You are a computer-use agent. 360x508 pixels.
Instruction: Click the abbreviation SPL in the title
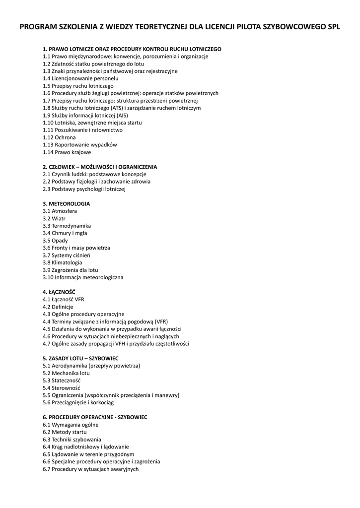coord(333,27)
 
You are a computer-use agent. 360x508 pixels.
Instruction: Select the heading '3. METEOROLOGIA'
coord(67,204)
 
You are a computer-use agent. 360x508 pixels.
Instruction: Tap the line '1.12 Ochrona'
coord(60,137)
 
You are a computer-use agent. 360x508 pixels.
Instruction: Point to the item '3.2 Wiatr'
coord(54,218)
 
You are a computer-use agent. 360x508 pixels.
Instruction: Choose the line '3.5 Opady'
coord(56,241)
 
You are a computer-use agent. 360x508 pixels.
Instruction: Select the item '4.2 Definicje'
coord(58,307)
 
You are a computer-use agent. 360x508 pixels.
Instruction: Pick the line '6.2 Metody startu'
coord(65,432)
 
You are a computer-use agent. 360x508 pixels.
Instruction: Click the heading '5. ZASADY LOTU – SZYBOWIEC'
coord(80,358)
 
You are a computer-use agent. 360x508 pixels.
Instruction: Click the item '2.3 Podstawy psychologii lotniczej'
coord(84,189)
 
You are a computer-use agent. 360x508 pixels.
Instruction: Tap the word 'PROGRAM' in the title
coord(38,27)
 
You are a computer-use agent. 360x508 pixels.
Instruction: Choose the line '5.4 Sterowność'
coord(62,388)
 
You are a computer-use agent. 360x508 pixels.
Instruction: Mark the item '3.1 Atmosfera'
coord(60,211)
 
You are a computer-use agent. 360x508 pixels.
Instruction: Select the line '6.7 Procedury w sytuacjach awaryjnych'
coord(91,469)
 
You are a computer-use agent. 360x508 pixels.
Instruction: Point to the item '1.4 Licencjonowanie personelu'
coord(81,78)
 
